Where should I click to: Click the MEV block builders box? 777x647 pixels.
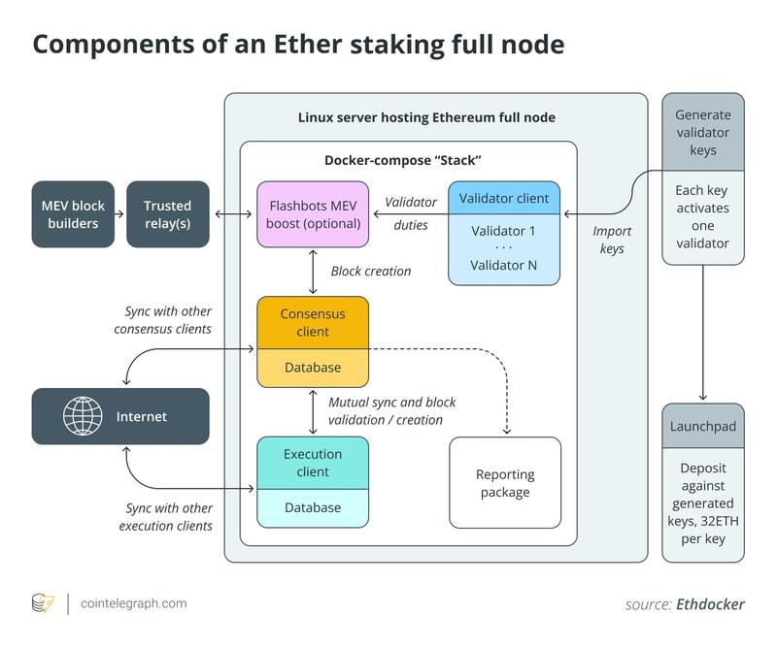(73, 214)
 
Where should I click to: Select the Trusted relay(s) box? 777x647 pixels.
(168, 214)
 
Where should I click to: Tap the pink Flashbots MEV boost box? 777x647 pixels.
(313, 214)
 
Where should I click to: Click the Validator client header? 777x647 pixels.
(504, 198)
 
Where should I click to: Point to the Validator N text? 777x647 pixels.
(504, 265)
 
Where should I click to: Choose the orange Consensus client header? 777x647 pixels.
(313, 323)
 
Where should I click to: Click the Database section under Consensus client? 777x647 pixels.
(313, 368)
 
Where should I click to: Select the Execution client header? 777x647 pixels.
(313, 463)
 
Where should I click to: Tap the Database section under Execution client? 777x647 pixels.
(313, 507)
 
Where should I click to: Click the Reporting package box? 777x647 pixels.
(505, 483)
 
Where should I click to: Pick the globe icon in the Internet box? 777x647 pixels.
(83, 416)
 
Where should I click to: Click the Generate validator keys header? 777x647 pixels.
(703, 132)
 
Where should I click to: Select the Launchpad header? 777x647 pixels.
(703, 427)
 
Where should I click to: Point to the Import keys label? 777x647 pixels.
(612, 240)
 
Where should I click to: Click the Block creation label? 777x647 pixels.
(371, 272)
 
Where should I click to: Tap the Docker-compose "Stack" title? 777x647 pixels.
(402, 159)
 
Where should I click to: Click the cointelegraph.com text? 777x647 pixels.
(134, 603)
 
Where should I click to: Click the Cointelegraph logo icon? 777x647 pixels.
(44, 603)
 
